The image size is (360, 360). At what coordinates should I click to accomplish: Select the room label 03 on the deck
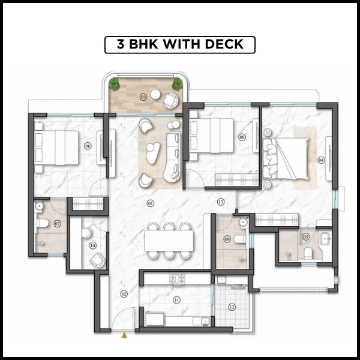pos(143,96)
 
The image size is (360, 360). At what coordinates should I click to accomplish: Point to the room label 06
pos(88,146)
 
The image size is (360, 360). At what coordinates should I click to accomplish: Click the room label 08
pos(242,137)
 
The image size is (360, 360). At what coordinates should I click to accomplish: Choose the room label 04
pos(321,160)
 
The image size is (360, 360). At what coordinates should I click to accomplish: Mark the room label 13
pos(221,202)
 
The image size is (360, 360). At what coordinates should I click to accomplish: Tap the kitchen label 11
pos(176,299)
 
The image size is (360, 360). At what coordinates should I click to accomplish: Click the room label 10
pos(92,245)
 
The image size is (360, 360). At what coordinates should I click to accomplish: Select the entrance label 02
pos(124,293)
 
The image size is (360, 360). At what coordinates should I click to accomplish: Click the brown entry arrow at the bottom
pos(124,335)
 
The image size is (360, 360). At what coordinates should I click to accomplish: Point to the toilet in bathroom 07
pos(43,224)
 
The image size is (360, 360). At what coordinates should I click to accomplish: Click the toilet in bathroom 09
pos(238,239)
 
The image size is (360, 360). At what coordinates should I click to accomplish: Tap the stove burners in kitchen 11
pos(179,279)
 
